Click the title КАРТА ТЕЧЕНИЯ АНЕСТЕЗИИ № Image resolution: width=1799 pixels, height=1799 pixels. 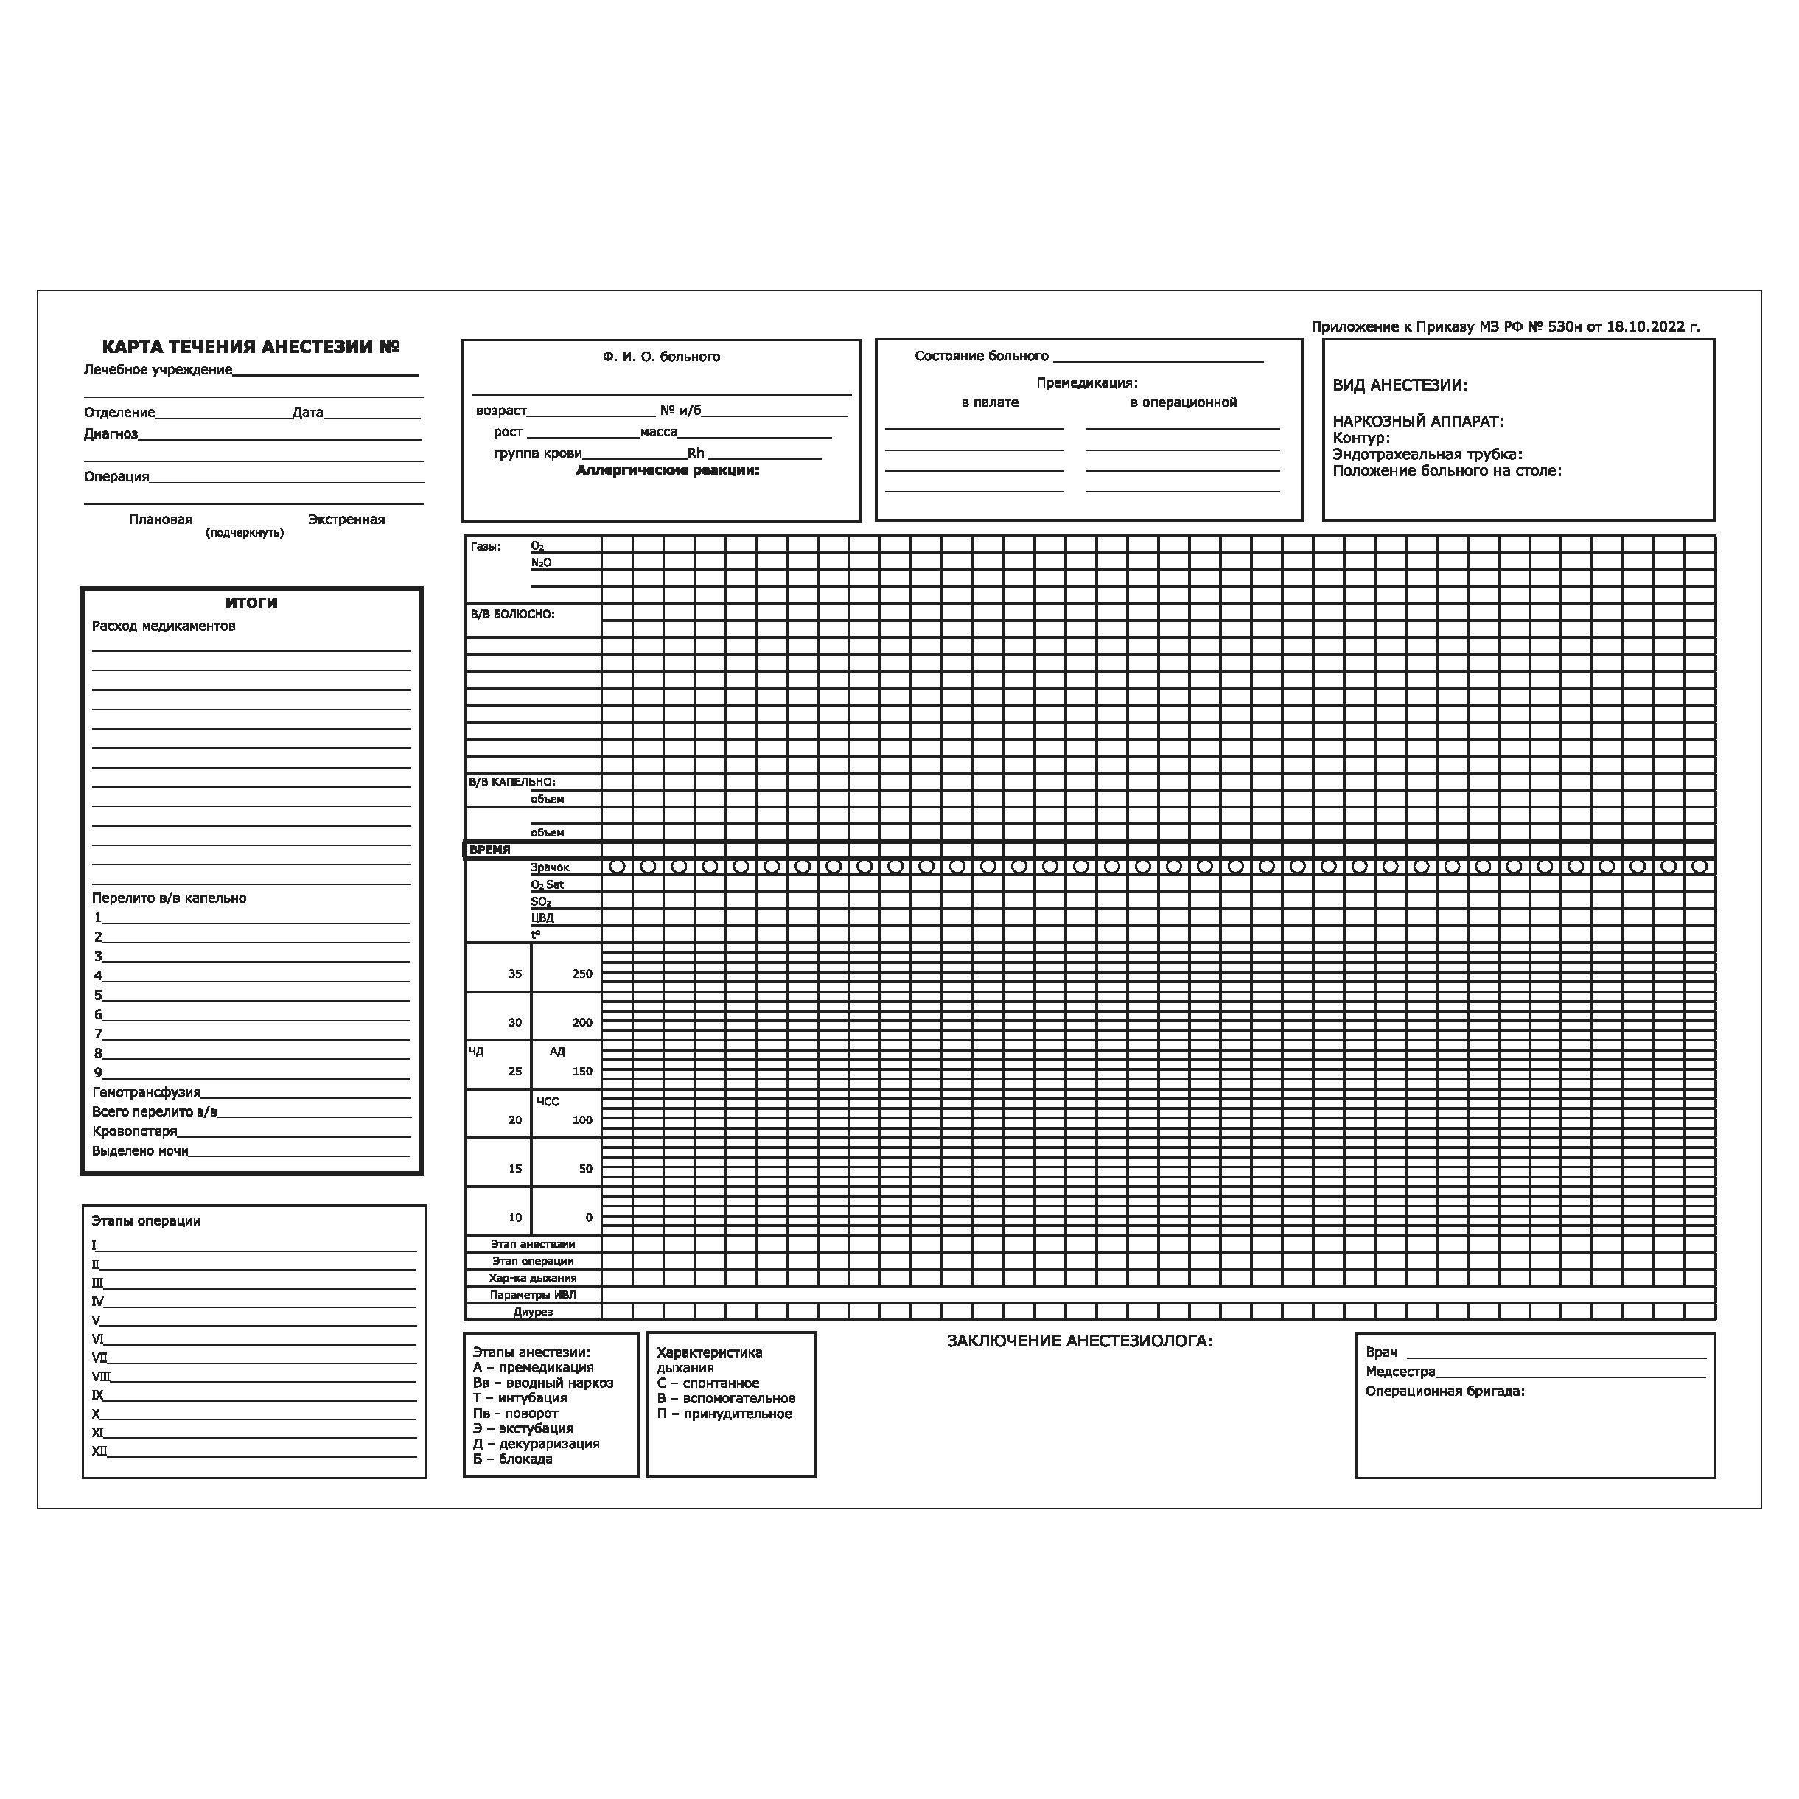(251, 347)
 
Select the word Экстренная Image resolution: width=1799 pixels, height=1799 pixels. (346, 520)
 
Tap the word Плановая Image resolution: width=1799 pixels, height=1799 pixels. (160, 520)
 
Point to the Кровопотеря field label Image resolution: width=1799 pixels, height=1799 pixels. (134, 1131)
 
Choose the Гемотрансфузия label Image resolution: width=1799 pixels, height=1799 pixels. (146, 1092)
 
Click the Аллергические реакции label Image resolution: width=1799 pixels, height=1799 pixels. (668, 470)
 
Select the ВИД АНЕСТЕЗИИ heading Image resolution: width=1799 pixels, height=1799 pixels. (1400, 385)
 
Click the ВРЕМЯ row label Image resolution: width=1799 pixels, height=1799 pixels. (490, 850)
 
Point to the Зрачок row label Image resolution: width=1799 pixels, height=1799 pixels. (549, 867)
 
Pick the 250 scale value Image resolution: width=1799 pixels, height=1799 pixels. (582, 974)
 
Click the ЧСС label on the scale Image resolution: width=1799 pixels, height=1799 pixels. (548, 1102)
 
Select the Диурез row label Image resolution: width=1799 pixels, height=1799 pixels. (533, 1312)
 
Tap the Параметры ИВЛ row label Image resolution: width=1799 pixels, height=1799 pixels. (533, 1295)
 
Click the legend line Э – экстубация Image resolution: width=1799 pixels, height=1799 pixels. (523, 1428)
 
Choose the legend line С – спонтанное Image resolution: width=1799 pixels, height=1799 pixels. (708, 1383)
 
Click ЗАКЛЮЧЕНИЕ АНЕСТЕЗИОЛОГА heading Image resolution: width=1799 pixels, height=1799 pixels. (1079, 1341)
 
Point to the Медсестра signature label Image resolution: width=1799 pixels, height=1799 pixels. (1400, 1372)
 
